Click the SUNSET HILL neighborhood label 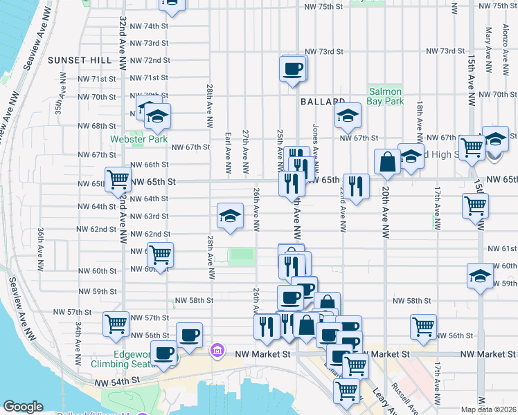[80, 61]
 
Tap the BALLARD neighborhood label [323, 101]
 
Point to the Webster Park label [139, 139]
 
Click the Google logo [23, 407]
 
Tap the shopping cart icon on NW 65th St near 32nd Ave [118, 179]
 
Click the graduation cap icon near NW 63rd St [230, 216]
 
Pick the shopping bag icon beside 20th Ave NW [388, 162]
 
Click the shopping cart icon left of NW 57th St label [116, 324]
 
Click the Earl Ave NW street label [228, 154]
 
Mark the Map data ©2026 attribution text [489, 409]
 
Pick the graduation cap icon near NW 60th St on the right [480, 275]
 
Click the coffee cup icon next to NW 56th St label [189, 335]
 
